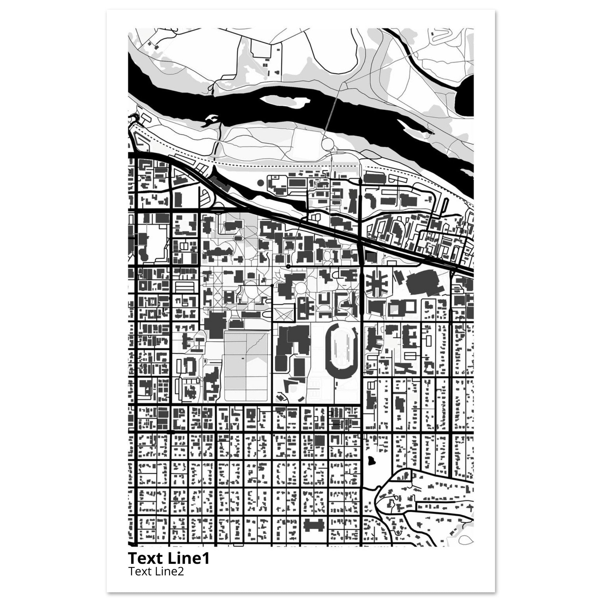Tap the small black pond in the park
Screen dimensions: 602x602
pos(371,468)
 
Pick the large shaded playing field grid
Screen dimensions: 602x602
pos(246,366)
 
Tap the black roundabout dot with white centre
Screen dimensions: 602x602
pos(289,266)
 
